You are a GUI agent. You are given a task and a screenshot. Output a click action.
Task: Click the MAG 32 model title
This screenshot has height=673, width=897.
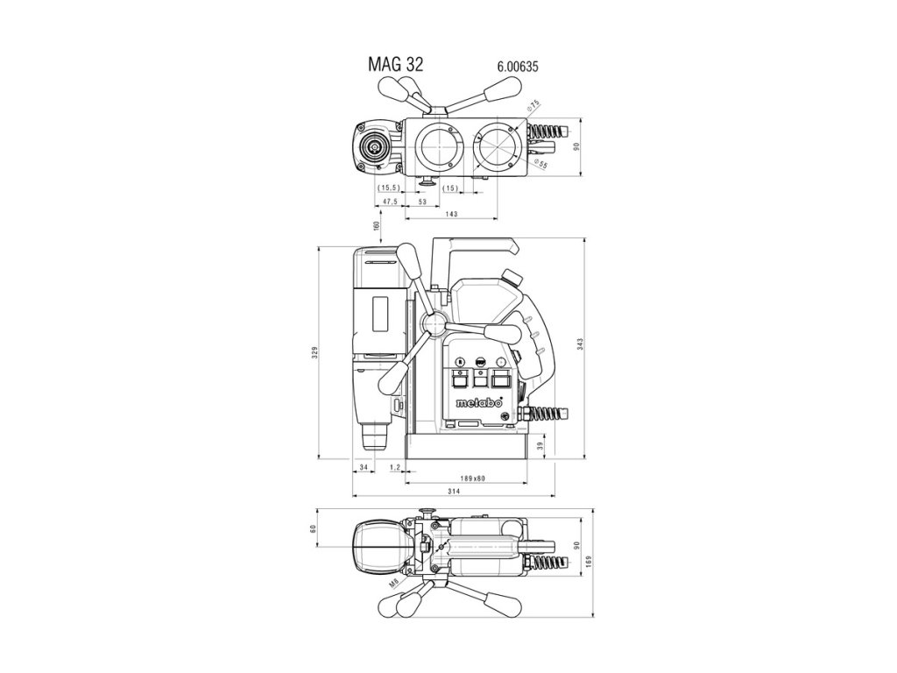point(395,65)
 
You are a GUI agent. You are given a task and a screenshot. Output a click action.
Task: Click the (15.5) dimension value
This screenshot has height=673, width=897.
point(389,188)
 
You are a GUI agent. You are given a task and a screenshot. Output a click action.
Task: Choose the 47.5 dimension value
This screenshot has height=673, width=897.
point(389,202)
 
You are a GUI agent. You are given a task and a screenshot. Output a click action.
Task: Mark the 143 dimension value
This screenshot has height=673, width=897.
point(452,215)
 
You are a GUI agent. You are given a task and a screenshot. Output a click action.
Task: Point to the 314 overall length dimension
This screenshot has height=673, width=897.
point(454,493)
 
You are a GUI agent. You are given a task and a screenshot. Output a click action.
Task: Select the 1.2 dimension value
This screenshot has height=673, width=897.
point(394,468)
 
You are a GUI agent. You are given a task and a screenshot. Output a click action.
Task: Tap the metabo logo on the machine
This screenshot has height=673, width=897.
point(478,404)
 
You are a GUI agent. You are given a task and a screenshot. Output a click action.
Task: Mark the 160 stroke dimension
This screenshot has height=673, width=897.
point(376,225)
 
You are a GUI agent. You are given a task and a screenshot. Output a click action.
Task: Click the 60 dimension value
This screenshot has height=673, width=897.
point(313,529)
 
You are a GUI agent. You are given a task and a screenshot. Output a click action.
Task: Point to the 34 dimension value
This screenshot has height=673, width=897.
point(364,468)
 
